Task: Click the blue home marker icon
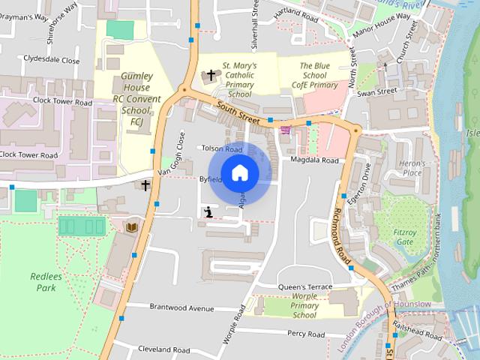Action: pyautogui.click(x=239, y=172)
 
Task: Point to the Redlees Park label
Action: pyautogui.click(x=43, y=281)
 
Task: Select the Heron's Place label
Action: pyautogui.click(x=412, y=168)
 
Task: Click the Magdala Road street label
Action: pyautogui.click(x=315, y=160)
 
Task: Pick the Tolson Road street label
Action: pyautogui.click(x=222, y=148)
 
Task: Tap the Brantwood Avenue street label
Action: pyautogui.click(x=181, y=307)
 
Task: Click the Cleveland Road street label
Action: pyautogui.click(x=163, y=349)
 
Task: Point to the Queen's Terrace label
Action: pyautogui.click(x=304, y=286)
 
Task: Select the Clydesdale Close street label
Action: pyautogui.click(x=51, y=59)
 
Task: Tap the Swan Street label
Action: pyautogui.click(x=377, y=91)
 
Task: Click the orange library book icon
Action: pyautogui.click(x=132, y=226)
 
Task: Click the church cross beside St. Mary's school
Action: pyautogui.click(x=211, y=75)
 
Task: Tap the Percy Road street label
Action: pyautogui.click(x=305, y=334)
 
